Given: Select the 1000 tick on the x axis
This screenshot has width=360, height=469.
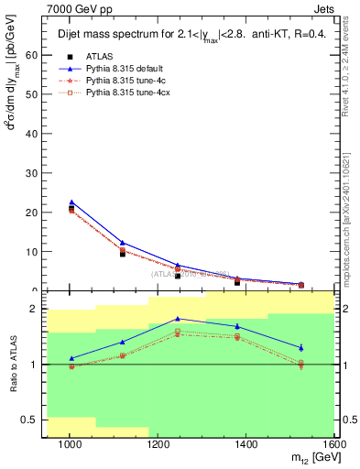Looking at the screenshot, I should coord(70,444).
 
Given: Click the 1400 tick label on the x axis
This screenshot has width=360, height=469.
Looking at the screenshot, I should coord(247,444).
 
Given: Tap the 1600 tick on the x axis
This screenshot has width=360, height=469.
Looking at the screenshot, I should coord(334,444).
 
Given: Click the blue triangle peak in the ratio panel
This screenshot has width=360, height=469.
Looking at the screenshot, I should coord(179,319).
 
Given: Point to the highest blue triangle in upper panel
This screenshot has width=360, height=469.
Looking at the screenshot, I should coord(71,202).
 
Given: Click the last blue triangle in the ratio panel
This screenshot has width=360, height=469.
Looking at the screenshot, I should coord(301,347).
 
